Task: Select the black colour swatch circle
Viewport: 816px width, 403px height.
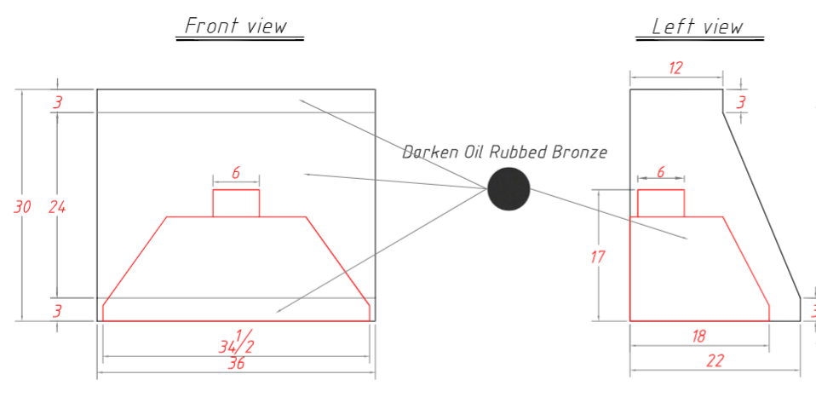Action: click(509, 189)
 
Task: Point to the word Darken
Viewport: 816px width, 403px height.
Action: click(426, 152)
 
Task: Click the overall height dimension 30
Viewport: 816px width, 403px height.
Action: click(22, 207)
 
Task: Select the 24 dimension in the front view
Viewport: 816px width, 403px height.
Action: click(57, 207)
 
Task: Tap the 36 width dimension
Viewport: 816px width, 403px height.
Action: click(236, 364)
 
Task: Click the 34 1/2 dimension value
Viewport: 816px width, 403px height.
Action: click(236, 342)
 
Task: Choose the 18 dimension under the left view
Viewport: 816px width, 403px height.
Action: click(699, 337)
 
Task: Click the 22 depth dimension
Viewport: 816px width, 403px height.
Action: click(715, 361)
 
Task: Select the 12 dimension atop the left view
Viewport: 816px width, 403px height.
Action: click(675, 68)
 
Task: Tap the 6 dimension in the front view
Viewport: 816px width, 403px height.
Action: click(236, 173)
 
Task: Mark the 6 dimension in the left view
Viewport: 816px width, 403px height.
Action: click(661, 172)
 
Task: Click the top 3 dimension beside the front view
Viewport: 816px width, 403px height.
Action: click(58, 102)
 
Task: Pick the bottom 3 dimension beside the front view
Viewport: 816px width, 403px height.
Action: click(58, 311)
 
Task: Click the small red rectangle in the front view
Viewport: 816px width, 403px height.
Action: click(236, 203)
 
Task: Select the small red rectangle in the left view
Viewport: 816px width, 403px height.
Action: click(661, 203)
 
